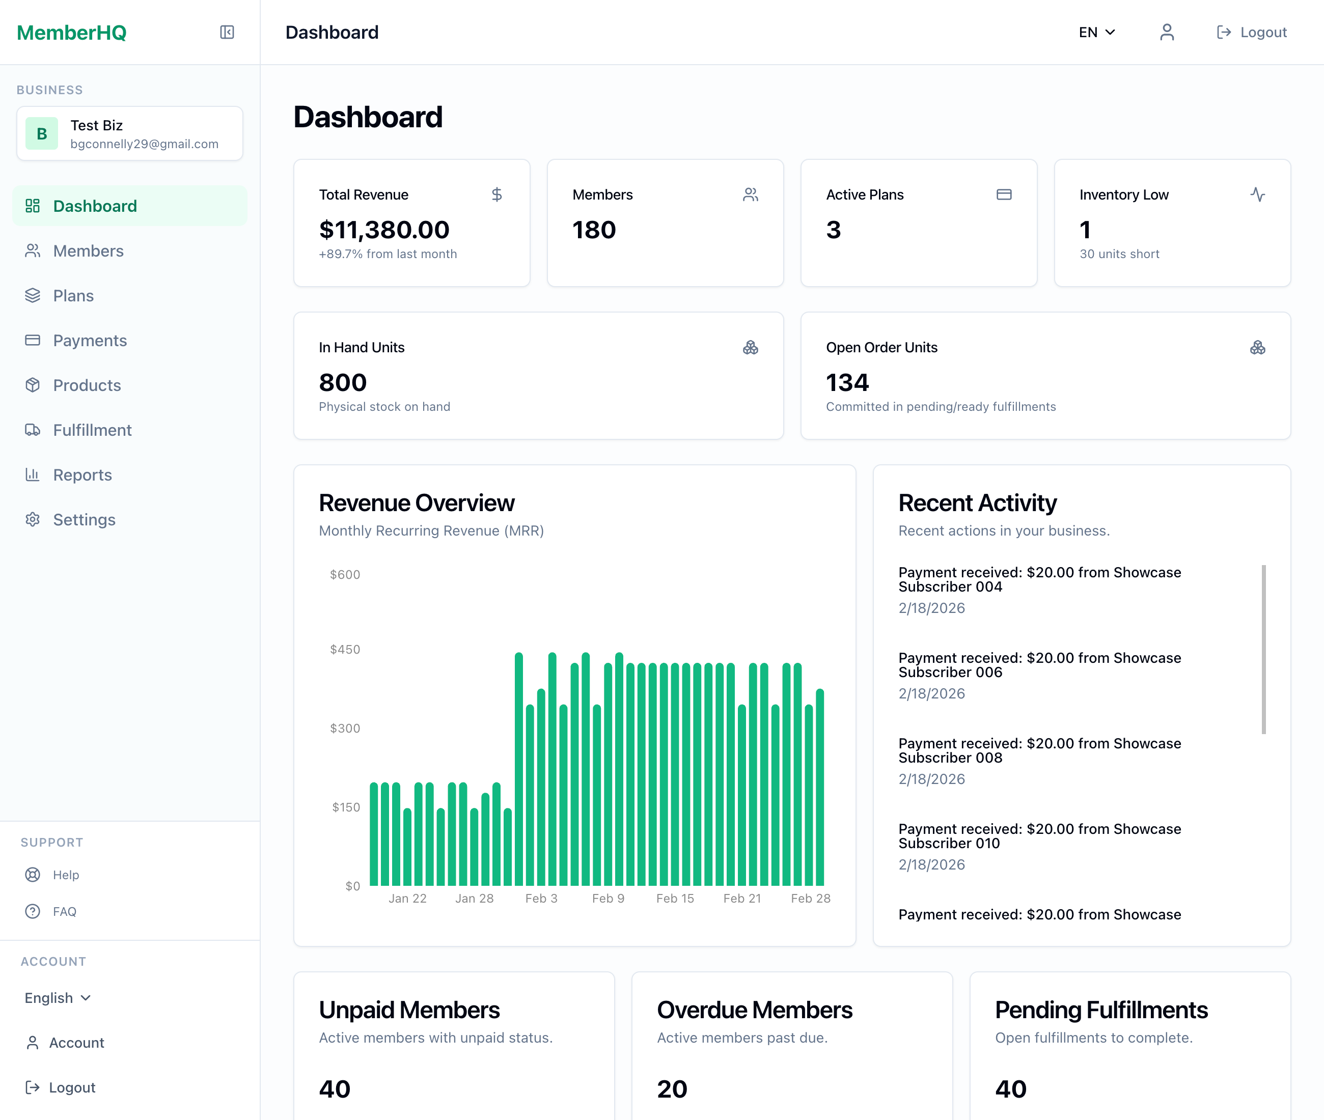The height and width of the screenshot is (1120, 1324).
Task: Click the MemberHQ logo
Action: (72, 33)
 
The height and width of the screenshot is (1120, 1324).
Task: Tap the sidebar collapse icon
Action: (227, 33)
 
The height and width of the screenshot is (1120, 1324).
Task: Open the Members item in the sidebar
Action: (88, 251)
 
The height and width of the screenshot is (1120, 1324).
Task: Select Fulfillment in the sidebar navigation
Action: (92, 430)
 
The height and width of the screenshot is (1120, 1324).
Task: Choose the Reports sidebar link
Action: (82, 475)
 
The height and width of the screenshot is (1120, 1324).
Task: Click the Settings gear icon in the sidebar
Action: (33, 519)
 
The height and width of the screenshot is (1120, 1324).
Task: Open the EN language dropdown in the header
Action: (1097, 33)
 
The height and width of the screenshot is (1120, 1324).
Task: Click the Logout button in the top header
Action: (1252, 33)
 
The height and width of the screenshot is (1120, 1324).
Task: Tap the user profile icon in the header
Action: (1167, 33)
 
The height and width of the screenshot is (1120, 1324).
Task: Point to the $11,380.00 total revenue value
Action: (384, 230)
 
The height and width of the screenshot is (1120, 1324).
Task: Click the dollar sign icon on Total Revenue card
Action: (497, 194)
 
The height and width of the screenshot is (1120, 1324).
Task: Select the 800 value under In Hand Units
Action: (343, 382)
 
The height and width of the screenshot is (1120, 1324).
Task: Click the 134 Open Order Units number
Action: (847, 382)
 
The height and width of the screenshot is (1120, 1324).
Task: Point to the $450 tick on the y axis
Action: (345, 650)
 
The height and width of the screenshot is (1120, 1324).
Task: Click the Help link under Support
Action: (65, 875)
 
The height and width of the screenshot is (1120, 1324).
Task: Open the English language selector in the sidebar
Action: (58, 997)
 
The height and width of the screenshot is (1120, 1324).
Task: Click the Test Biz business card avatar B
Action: (42, 133)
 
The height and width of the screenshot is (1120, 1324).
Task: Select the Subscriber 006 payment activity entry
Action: (1039, 665)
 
